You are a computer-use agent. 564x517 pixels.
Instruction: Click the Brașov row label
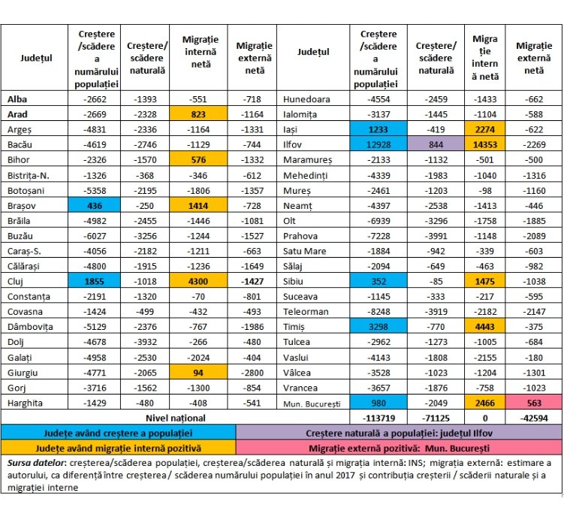(x=22, y=206)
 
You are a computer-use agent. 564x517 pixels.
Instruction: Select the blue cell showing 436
(x=94, y=206)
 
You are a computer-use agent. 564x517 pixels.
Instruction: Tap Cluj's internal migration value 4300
(x=198, y=281)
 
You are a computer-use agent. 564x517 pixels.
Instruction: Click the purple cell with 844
(x=436, y=144)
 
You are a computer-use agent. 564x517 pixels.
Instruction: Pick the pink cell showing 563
(x=534, y=403)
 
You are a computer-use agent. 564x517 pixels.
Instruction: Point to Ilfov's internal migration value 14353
(x=485, y=144)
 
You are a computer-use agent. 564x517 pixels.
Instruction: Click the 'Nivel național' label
(x=176, y=418)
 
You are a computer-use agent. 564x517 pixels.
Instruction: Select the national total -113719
(x=379, y=418)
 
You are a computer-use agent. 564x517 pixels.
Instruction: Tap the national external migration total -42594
(x=534, y=418)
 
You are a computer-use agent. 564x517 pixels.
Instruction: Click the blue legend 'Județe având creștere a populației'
(x=119, y=433)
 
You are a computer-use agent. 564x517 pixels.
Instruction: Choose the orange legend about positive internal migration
(x=119, y=448)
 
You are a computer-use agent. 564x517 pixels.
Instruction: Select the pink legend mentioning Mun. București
(x=399, y=448)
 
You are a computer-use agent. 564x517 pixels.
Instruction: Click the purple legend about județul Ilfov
(x=399, y=433)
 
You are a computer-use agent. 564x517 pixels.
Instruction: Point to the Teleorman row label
(x=306, y=311)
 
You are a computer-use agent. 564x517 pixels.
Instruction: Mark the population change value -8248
(x=379, y=311)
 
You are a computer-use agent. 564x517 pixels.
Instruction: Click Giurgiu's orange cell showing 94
(x=198, y=373)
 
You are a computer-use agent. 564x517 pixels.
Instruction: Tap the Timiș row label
(x=294, y=327)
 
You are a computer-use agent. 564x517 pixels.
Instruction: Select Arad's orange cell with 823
(x=198, y=114)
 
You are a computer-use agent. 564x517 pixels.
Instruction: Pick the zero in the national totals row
(x=485, y=418)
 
